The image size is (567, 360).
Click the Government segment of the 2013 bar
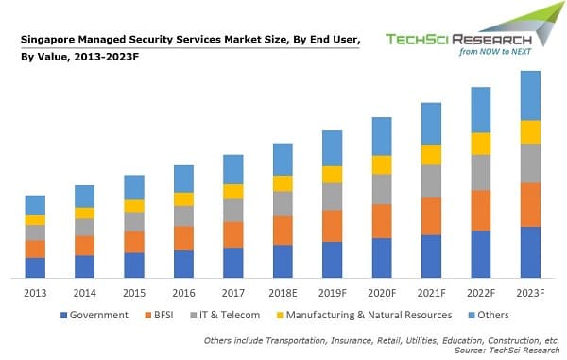(35, 267)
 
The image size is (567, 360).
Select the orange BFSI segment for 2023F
(530, 205)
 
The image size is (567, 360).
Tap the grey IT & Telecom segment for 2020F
(382, 189)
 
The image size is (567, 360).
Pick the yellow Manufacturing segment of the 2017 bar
(233, 192)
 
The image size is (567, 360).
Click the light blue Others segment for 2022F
(481, 110)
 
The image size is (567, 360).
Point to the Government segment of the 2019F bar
(333, 260)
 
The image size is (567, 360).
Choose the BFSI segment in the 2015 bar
(134, 242)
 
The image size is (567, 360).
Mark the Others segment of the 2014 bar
(85, 197)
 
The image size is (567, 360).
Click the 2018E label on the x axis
(283, 293)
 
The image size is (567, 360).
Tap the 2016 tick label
(183, 293)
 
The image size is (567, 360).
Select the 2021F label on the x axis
(432, 293)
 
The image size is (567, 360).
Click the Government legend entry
(94, 316)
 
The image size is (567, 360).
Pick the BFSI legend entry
(159, 316)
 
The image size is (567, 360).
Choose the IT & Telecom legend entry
(225, 316)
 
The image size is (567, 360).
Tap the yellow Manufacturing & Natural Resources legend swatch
(280, 316)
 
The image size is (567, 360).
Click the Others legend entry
(489, 316)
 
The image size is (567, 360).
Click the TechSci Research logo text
(458, 40)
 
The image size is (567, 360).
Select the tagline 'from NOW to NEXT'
(495, 52)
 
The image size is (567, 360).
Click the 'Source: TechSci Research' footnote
(507, 351)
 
